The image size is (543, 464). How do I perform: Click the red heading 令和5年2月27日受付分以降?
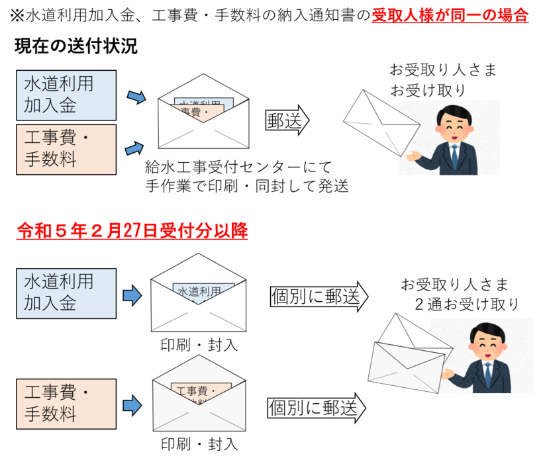pyautogui.click(x=132, y=230)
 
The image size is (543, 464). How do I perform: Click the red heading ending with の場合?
pyautogui.click(x=450, y=15)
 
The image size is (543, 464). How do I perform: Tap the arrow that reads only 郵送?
pyautogui.click(x=287, y=120)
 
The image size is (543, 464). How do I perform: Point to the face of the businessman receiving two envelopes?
pyautogui.click(x=485, y=344)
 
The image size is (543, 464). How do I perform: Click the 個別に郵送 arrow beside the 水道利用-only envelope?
pyautogui.click(x=318, y=297)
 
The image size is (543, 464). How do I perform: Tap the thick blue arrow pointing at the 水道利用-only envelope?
pyautogui.click(x=132, y=295)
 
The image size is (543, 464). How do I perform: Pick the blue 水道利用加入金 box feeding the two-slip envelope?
pyautogui.click(x=66, y=95)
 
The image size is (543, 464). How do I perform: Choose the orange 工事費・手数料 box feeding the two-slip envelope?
pyautogui.click(x=66, y=150)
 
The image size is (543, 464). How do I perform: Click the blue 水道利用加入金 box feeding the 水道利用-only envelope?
pyautogui.click(x=66, y=293)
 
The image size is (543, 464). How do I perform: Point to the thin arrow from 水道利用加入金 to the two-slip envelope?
pyautogui.click(x=136, y=97)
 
